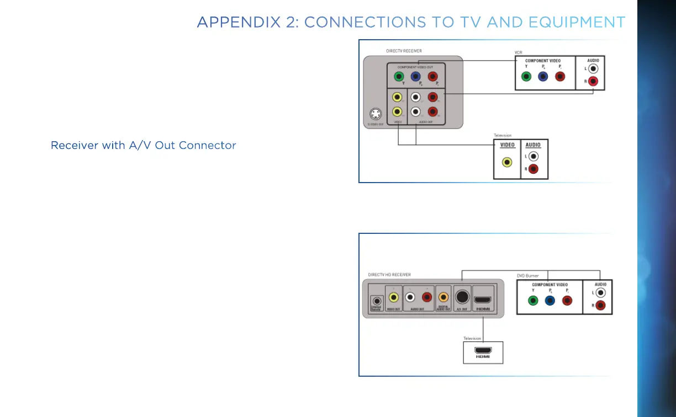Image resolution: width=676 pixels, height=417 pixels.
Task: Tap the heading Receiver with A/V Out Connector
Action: [143, 146]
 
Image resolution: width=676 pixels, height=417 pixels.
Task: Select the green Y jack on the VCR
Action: [526, 77]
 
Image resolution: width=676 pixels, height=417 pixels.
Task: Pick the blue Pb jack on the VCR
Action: [543, 77]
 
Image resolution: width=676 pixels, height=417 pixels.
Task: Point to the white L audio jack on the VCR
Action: [593, 68]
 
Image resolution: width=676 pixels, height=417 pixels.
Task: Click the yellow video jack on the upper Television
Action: [507, 163]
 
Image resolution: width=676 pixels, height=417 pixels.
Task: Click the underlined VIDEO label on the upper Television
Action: [507, 145]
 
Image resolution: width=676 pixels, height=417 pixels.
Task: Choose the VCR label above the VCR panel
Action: [518, 52]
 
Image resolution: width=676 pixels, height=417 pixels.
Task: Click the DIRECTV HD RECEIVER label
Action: [389, 275]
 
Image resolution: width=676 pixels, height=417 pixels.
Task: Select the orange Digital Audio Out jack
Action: [443, 297]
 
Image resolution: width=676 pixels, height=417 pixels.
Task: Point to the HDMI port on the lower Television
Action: [483, 350]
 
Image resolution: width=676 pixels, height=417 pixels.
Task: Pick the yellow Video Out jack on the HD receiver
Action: [393, 297]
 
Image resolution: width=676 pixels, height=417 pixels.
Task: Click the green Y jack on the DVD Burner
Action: [532, 301]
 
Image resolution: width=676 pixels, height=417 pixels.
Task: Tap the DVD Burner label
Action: [527, 275]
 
